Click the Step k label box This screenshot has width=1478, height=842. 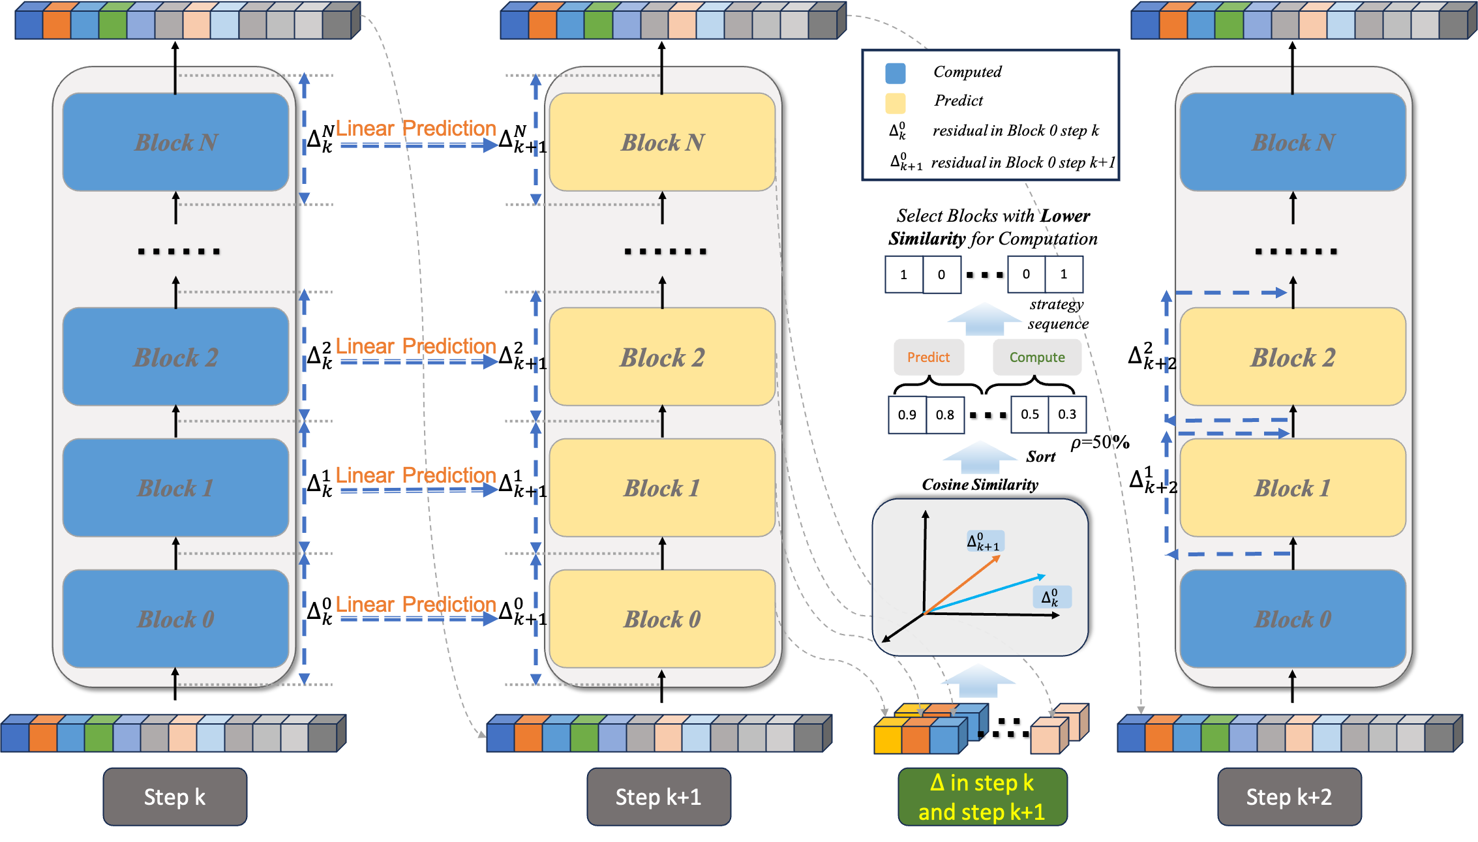[175, 796]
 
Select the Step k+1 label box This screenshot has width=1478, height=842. [658, 796]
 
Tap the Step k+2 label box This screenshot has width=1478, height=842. [1289, 796]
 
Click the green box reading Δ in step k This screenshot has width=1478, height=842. [982, 796]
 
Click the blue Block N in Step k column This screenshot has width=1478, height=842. [175, 142]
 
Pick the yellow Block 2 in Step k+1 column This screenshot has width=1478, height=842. [662, 357]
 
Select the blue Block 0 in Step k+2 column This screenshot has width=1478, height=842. [1293, 618]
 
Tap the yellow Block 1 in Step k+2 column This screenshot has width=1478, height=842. [1293, 487]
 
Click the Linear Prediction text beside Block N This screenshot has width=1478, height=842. [415, 128]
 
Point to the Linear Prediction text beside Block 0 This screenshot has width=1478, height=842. [415, 604]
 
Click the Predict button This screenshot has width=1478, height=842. [928, 357]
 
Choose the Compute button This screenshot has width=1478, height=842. [1036, 357]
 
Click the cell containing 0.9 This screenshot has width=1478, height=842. [907, 415]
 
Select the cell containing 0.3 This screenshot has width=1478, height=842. [1067, 414]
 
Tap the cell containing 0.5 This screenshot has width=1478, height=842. [1030, 414]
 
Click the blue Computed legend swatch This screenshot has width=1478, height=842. [895, 73]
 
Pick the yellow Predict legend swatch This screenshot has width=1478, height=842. [895, 102]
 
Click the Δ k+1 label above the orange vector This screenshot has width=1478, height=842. [984, 541]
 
